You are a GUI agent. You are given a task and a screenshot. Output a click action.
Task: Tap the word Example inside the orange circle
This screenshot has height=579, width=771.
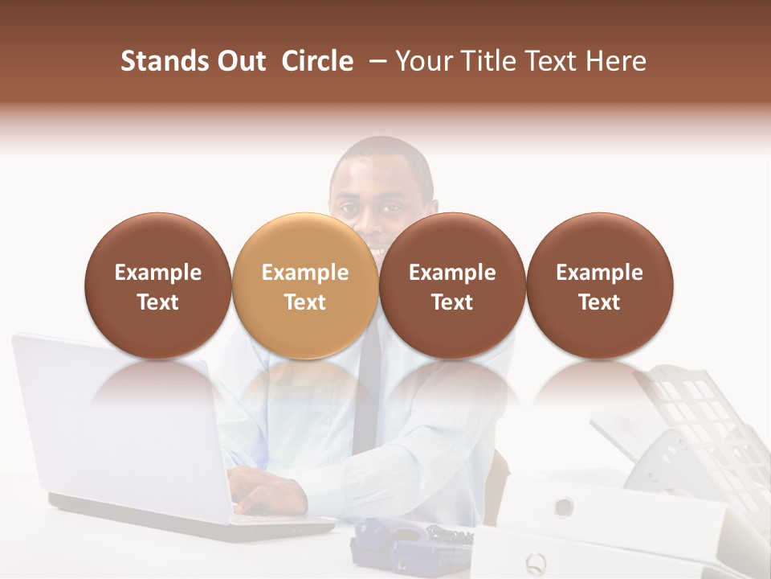tap(305, 273)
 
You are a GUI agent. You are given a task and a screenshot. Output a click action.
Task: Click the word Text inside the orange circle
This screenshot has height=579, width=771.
tap(305, 302)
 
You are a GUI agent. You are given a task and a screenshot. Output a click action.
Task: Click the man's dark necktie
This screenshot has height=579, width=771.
tap(365, 402)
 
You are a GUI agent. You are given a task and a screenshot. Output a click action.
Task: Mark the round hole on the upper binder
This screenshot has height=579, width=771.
tap(564, 506)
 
